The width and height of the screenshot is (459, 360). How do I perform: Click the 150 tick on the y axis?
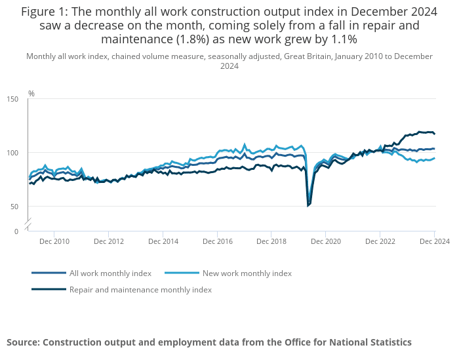coord(13,99)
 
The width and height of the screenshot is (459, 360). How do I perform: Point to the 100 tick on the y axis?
coord(13,153)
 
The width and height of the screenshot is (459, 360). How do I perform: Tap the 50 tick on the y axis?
coord(15,207)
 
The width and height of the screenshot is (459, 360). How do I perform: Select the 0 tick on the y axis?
coord(16,231)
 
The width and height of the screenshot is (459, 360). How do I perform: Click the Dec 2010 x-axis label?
coord(54,241)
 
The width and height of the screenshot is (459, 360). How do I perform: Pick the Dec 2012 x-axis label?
coord(109,241)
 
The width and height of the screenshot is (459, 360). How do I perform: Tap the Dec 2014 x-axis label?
coord(163,241)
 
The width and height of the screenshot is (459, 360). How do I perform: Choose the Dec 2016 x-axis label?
coord(218,241)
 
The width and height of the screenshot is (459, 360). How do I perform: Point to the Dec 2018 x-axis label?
coord(271,241)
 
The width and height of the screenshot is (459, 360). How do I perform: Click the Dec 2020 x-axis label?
coord(326,241)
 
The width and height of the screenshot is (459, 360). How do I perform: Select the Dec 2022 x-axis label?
coord(380,241)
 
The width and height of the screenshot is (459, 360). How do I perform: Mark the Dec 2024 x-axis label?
coord(433,241)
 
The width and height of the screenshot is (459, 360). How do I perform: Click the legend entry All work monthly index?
coord(110,273)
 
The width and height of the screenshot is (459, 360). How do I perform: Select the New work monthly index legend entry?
coord(247,273)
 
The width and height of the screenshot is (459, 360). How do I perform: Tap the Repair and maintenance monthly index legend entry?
coord(140,289)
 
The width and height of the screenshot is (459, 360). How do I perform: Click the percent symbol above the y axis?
coord(31,94)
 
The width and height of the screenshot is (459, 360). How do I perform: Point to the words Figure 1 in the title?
coord(46,12)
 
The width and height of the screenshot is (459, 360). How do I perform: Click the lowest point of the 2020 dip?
coord(308,206)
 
